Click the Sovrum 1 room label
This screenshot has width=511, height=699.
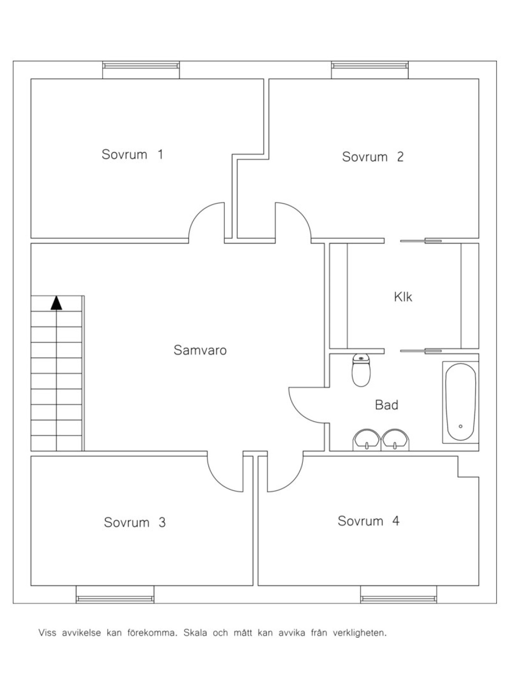click(x=132, y=154)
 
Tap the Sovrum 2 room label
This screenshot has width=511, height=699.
click(x=373, y=157)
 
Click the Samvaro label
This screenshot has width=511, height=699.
click(x=200, y=350)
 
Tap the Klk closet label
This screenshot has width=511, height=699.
click(x=403, y=297)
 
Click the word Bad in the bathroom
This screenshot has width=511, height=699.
click(x=386, y=405)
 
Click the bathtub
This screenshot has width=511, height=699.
click(x=460, y=402)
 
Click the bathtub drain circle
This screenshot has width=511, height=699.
click(x=460, y=426)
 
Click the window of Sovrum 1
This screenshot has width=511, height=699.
click(x=141, y=66)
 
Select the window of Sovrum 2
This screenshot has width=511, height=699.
click(x=370, y=66)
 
